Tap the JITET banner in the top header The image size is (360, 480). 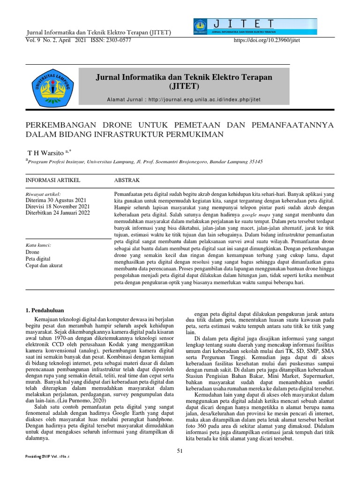[x=255, y=27]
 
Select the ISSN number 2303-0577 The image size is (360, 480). [x=118, y=40]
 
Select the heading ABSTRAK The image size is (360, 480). [x=127, y=180]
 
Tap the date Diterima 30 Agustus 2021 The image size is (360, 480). [x=57, y=199]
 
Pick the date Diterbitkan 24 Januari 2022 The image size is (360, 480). [x=60, y=212]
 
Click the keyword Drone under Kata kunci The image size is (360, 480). [x=33, y=252]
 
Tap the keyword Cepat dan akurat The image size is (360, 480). [x=45, y=265]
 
